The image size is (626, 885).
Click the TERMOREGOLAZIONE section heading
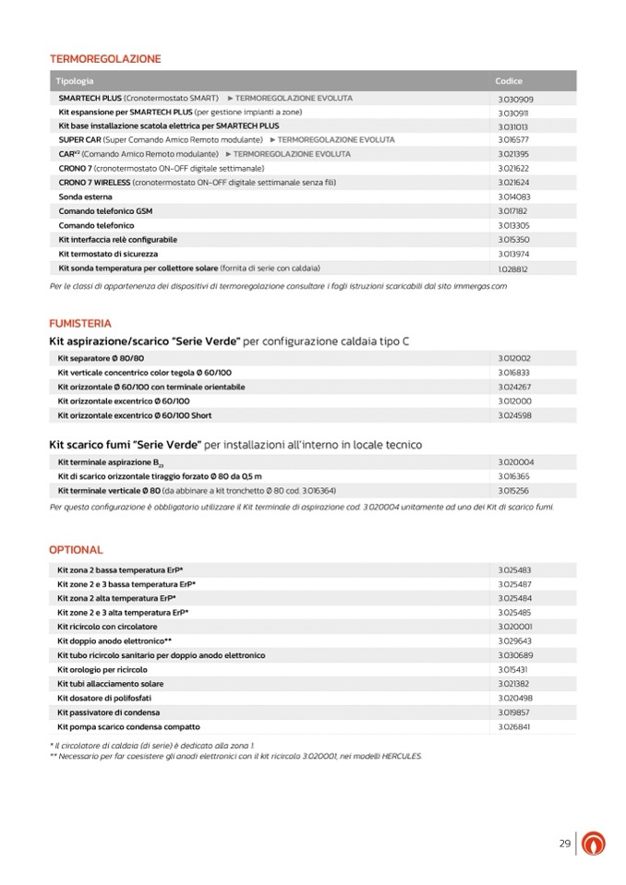pos(105,59)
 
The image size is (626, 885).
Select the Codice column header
pos(509,81)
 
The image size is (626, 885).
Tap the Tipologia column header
pos(75,81)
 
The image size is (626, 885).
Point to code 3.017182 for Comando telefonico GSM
pos(513,211)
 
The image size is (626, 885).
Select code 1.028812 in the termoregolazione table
pos(512,269)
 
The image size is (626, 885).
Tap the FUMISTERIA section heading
pos(80,324)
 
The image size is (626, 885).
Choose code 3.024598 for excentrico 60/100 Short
pos(514,415)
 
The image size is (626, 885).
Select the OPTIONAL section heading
pos(76,550)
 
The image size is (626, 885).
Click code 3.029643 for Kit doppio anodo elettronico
pos(514,640)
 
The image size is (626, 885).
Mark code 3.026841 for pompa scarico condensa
pos(514,727)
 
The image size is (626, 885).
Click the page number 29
pos(564,843)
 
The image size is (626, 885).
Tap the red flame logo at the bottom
pos(596,843)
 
